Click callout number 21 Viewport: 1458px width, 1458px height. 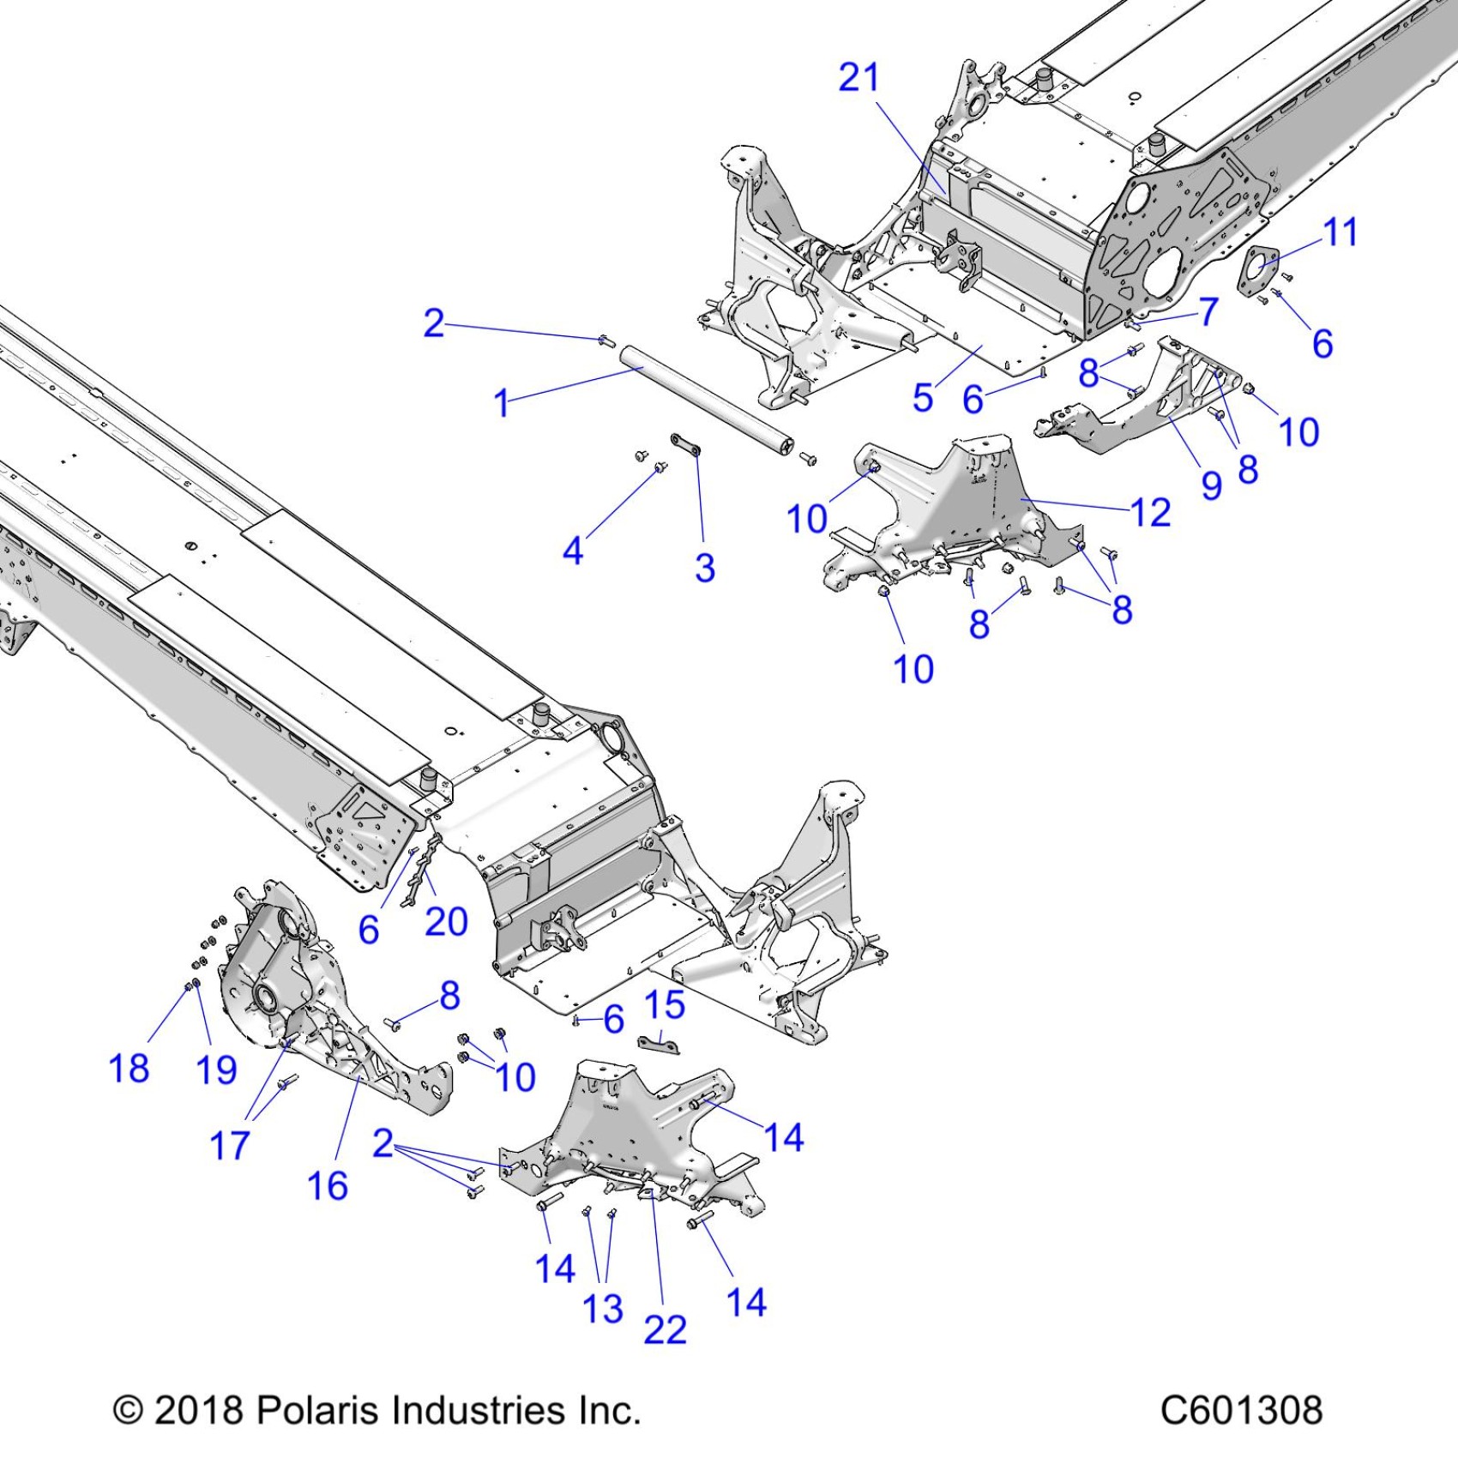point(859,78)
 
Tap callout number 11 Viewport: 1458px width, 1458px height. point(1341,232)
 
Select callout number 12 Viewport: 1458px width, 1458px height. point(1150,513)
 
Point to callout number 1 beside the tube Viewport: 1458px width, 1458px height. point(502,403)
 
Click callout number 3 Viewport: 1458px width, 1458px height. point(704,568)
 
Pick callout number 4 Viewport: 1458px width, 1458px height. point(573,551)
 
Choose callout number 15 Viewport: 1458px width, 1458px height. point(665,1005)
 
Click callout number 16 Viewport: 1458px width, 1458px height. point(328,1186)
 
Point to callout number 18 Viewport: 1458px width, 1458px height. point(129,1069)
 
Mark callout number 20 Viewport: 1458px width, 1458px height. point(446,922)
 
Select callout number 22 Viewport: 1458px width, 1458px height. point(665,1330)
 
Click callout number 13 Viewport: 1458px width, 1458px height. point(602,1309)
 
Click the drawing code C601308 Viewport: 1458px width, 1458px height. point(1241,1411)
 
